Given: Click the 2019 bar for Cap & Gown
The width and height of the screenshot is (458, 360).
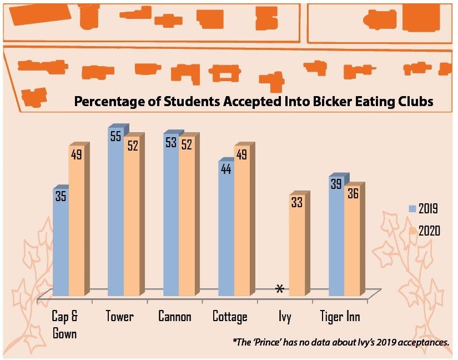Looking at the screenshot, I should tap(61, 244).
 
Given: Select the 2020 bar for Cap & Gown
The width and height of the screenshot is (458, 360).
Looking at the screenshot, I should tap(77, 222).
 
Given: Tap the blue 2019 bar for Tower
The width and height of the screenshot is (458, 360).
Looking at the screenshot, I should tap(115, 217).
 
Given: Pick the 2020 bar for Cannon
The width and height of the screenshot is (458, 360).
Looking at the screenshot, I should tap(187, 217).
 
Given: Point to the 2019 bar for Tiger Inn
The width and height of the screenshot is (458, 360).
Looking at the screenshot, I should tap(336, 239).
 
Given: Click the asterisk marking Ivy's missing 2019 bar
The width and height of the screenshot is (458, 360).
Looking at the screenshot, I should tap(280, 289).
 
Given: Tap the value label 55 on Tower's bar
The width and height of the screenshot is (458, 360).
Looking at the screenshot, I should tap(115, 137).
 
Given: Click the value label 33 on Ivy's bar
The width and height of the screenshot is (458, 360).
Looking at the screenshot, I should tap(297, 202).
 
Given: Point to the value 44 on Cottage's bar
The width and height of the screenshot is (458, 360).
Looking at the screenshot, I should tap(226, 169).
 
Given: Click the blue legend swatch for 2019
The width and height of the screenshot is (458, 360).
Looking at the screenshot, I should tap(412, 209).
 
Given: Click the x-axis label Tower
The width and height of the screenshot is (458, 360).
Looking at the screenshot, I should tap(120, 317).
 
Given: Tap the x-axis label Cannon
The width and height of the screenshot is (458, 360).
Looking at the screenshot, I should tap(175, 317).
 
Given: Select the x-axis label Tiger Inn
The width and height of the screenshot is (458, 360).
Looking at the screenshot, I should tap(340, 317).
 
